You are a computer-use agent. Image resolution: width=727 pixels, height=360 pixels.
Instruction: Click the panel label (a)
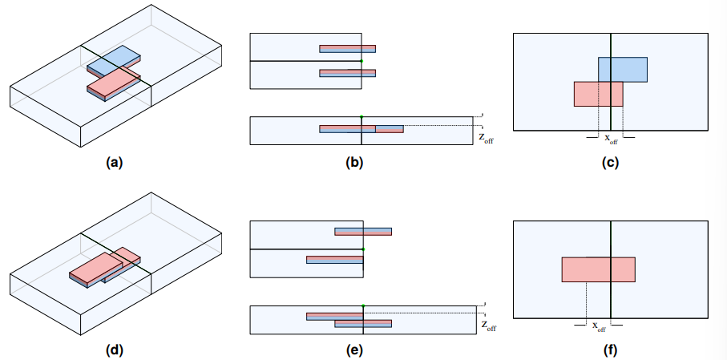(114, 163)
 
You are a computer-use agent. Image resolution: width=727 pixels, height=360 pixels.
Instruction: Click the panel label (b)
(353, 163)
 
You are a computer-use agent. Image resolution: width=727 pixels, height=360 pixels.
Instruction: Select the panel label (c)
(610, 163)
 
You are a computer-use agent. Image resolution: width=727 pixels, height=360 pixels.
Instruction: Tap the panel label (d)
(114, 350)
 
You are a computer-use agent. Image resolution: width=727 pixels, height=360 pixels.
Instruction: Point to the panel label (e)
(353, 350)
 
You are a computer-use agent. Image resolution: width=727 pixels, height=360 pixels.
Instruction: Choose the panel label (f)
(610, 350)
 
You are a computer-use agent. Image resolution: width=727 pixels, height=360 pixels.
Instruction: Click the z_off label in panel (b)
(486, 137)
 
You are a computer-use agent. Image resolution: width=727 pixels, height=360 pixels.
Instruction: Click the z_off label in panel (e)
(487, 325)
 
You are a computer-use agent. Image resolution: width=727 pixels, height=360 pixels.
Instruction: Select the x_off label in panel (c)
(610, 138)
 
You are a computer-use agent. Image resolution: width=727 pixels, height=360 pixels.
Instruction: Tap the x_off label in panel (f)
(599, 326)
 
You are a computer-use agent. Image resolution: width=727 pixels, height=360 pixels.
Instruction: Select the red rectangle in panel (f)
(598, 269)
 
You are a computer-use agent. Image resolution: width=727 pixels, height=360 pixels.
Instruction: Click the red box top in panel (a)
(112, 80)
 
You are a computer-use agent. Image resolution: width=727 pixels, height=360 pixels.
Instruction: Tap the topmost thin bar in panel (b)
(347, 49)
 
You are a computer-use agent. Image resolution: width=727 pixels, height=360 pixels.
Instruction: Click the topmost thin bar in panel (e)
(363, 232)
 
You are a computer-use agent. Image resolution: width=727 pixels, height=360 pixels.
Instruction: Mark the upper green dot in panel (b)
(361, 61)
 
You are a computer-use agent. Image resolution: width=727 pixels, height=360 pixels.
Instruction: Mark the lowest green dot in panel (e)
(363, 305)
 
